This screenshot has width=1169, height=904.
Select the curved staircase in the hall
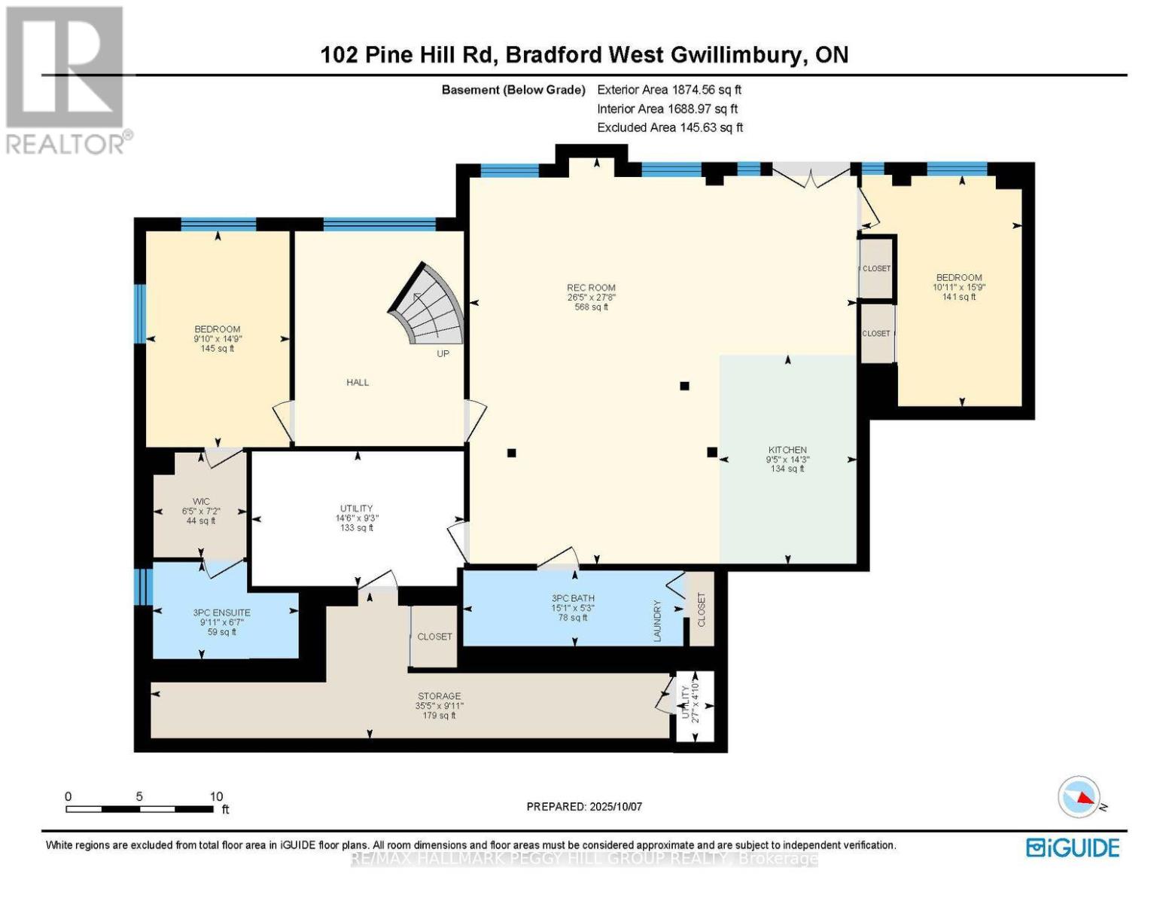pos(429,305)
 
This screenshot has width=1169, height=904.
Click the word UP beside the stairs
pos(443,353)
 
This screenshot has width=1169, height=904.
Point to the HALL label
pos(358,383)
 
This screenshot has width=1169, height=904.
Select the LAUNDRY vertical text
pos(657,621)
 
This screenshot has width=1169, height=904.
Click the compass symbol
pos(1079,797)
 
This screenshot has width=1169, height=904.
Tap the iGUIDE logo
pos(1073,847)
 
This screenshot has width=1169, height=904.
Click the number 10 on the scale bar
pos(216,796)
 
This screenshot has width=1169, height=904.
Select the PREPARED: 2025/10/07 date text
pos(584,807)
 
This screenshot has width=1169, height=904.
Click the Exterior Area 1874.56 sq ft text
pos(669,90)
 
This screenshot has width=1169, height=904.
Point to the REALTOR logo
pos(66,79)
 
